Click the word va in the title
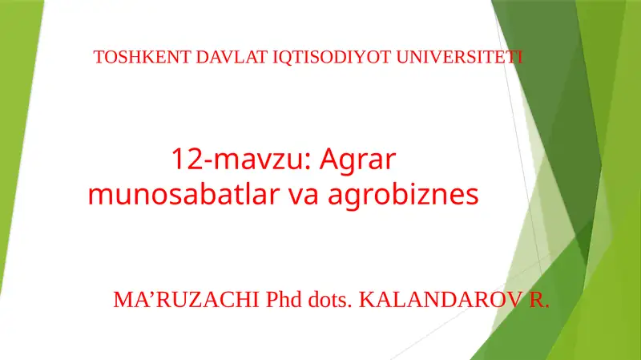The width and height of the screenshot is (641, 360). [x=305, y=195]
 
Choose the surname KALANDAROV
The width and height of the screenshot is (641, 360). [x=437, y=301]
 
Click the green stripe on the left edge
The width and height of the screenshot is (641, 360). [x=16, y=160]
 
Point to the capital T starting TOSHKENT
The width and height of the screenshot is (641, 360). [x=99, y=58]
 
